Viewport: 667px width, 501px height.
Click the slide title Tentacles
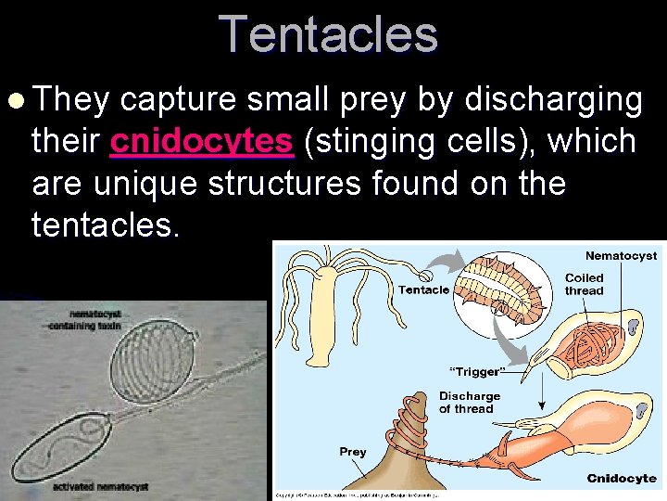tap(328, 35)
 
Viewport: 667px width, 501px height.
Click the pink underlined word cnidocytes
tap(201, 142)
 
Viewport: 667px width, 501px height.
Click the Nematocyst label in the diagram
tap(621, 255)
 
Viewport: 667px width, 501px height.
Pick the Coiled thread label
tap(584, 284)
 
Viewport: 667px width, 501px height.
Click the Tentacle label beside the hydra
tap(423, 289)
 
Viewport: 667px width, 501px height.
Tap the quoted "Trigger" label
tap(476, 372)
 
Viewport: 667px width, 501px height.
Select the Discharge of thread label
tap(469, 403)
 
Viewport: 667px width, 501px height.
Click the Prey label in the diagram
tap(352, 452)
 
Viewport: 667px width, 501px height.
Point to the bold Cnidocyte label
tap(622, 479)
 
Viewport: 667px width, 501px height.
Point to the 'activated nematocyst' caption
tap(101, 486)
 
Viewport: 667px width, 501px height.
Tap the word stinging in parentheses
tap(384, 142)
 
